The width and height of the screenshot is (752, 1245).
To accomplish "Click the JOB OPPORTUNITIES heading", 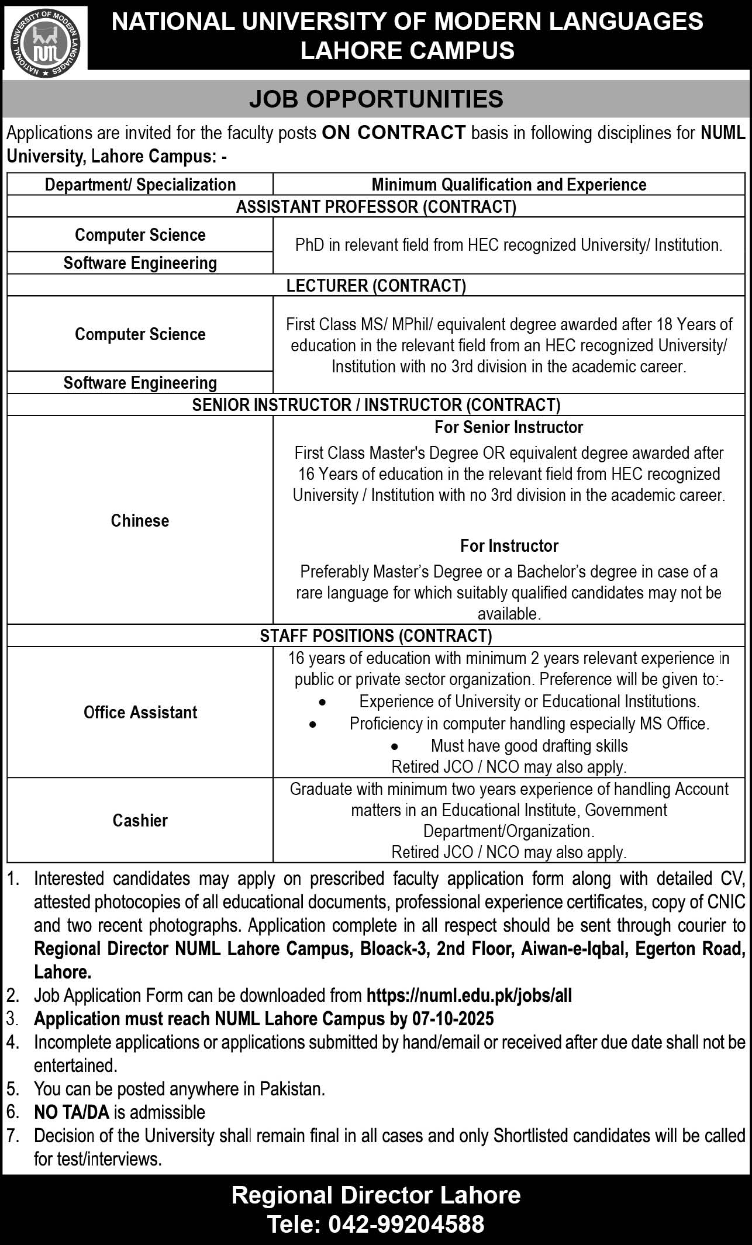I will tap(376, 99).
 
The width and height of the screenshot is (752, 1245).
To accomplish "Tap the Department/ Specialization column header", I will tap(140, 185).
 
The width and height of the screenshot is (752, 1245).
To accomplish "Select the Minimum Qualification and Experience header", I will tap(509, 185).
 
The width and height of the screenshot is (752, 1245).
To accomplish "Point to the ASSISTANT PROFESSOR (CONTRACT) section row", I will tap(376, 206).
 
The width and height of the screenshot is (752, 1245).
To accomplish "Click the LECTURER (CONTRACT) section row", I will tap(376, 285).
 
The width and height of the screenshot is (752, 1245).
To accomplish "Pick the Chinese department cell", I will tap(140, 520).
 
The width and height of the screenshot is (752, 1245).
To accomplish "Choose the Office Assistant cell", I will tap(140, 712).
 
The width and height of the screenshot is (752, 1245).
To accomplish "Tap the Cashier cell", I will tap(140, 820).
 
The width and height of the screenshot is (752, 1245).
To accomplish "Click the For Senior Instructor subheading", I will tap(509, 427).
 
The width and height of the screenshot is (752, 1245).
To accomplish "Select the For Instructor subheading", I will tap(509, 546).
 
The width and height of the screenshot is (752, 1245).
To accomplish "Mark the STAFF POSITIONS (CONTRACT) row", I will tap(376, 635).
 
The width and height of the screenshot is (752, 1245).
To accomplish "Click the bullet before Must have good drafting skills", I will tap(395, 747).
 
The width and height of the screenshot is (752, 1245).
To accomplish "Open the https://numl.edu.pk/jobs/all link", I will tap(469, 995).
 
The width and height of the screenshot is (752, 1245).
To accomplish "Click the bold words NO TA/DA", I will tap(72, 1112).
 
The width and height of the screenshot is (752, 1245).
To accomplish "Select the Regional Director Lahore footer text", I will tap(376, 1195).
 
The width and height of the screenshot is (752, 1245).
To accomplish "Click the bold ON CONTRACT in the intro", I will tap(394, 133).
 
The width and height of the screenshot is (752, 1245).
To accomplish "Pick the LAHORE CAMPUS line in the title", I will tap(407, 51).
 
